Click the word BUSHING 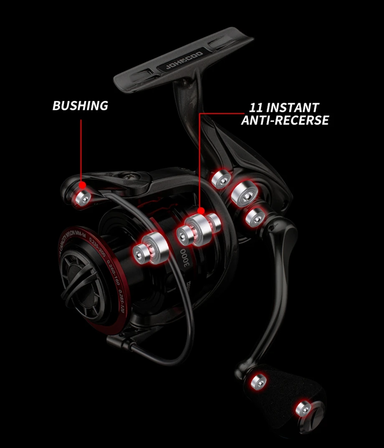pyautogui.click(x=80, y=105)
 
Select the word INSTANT pyautogui.click(x=293, y=108)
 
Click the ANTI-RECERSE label pyautogui.click(x=285, y=120)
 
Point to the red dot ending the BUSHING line pyautogui.click(x=83, y=184)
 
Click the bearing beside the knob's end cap pyautogui.click(x=303, y=408)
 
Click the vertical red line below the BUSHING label pyautogui.click(x=81, y=150)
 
